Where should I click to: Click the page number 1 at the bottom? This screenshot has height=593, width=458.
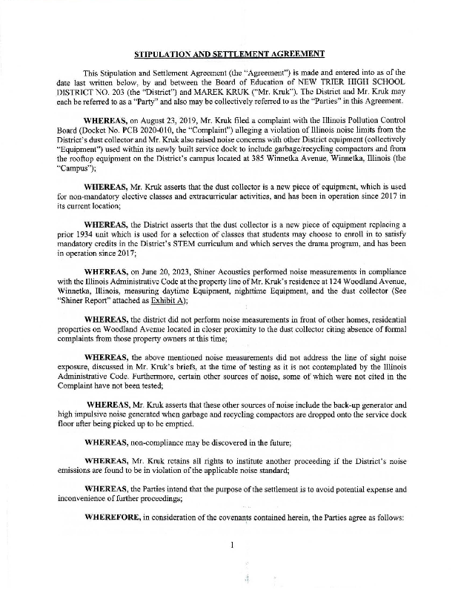(232, 546)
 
